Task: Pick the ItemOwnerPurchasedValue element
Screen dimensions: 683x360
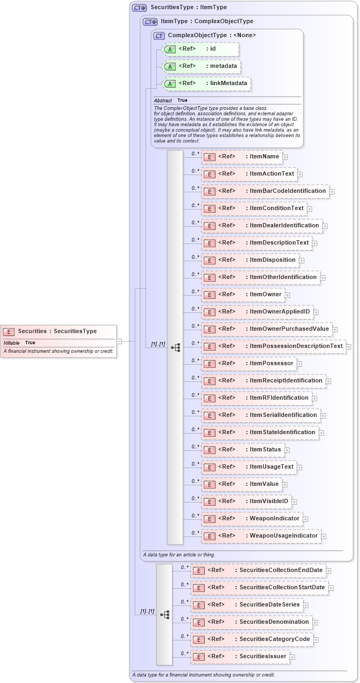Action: pos(267,329)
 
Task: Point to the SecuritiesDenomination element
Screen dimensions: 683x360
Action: pos(251,622)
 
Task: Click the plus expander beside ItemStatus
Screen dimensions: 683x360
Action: pos(287,450)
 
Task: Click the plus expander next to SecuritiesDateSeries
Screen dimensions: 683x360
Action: pos(306,605)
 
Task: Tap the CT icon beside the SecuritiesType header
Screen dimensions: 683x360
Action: pos(140,8)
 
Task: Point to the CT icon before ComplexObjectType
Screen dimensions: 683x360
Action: pos(159,36)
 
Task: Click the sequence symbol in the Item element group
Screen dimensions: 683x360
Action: pos(175,347)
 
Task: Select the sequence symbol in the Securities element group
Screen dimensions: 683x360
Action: pos(164,614)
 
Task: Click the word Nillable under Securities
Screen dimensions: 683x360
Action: pos(11,343)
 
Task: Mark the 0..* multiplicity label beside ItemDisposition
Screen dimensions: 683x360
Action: pos(195,257)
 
